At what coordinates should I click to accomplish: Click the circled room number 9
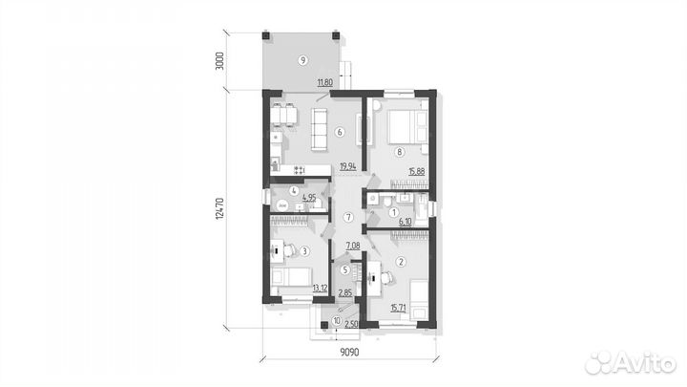pos(302,60)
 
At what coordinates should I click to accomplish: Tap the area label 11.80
pos(325,82)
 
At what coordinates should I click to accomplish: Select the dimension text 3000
pos(220,61)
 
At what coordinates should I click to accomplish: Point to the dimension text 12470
pos(220,208)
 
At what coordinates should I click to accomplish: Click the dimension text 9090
pos(349,352)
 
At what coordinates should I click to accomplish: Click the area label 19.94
pos(348,166)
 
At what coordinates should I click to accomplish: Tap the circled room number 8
pos(399,152)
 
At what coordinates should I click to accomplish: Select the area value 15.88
pos(417,172)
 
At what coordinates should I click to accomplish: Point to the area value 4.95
pos(309,198)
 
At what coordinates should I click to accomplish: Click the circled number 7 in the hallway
pos(348,217)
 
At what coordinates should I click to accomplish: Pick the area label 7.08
pos(353,246)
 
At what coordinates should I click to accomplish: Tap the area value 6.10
pos(406,222)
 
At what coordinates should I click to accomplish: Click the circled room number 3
pos(305,251)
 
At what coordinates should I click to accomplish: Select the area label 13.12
pos(320,289)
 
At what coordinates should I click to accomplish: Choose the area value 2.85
pos(345,292)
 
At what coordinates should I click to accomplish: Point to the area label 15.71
pos(398,308)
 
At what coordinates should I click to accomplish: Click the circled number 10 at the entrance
pos(337,321)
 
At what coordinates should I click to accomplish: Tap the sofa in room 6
pos(319,130)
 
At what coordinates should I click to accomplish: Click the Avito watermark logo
pos(632,363)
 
